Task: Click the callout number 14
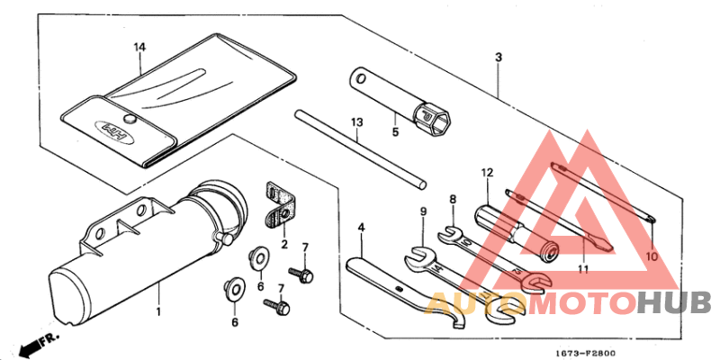coord(139,48)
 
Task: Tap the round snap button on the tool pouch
coord(131,119)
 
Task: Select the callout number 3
coord(499,58)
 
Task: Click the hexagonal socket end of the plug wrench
coord(434,120)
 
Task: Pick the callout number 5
coord(395,132)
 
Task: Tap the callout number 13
coord(356,122)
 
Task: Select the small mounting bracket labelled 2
coord(281,204)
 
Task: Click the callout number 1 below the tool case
coord(158,312)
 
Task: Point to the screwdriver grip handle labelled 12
coord(516,233)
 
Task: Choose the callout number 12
coord(487,173)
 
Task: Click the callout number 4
coord(362,227)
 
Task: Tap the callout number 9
coord(423,211)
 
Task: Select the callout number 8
coord(453,200)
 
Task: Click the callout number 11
coord(583,269)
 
